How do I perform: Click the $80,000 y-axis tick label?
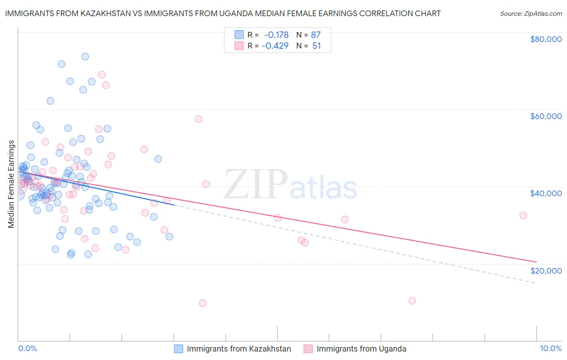point(546,39)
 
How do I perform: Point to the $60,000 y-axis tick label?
point(546,116)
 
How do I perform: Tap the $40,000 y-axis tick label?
point(546,193)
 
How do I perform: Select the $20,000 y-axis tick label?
point(546,270)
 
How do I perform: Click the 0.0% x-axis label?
point(27,348)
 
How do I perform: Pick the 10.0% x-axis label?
point(550,348)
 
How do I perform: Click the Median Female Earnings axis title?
point(11,184)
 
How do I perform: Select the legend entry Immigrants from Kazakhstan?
point(239,349)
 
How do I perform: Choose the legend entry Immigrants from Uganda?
point(361,349)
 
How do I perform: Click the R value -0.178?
point(276,35)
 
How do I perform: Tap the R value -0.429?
point(275,46)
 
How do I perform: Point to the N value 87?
point(316,35)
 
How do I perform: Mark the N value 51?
point(317,46)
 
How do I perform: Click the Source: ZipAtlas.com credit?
point(531,14)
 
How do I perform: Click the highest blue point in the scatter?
point(85,57)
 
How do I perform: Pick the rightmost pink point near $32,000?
point(523,216)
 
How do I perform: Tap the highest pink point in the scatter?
point(102,75)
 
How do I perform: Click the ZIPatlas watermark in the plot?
point(291,185)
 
